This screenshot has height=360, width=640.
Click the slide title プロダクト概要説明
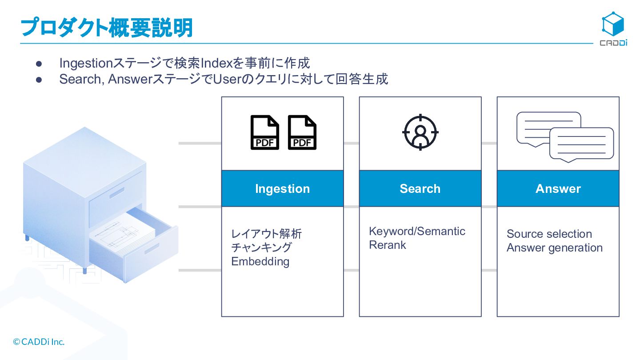click(107, 28)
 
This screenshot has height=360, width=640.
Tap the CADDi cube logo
click(613, 24)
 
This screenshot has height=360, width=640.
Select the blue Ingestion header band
click(282, 188)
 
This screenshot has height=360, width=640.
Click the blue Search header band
click(420, 188)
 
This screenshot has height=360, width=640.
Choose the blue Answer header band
click(558, 188)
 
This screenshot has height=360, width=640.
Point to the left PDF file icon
click(265, 132)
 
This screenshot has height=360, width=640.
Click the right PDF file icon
click(302, 132)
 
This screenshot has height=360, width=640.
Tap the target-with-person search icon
click(420, 132)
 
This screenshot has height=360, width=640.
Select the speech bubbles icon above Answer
click(565, 136)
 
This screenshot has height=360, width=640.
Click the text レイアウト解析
click(266, 234)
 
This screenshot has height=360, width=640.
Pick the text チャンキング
click(261, 248)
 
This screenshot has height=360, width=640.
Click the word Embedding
click(260, 261)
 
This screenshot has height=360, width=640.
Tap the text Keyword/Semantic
click(417, 231)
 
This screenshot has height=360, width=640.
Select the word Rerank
click(388, 245)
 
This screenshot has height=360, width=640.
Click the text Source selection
click(549, 234)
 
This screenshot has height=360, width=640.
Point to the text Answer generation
click(554, 248)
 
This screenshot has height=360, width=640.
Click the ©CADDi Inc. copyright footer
click(39, 342)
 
